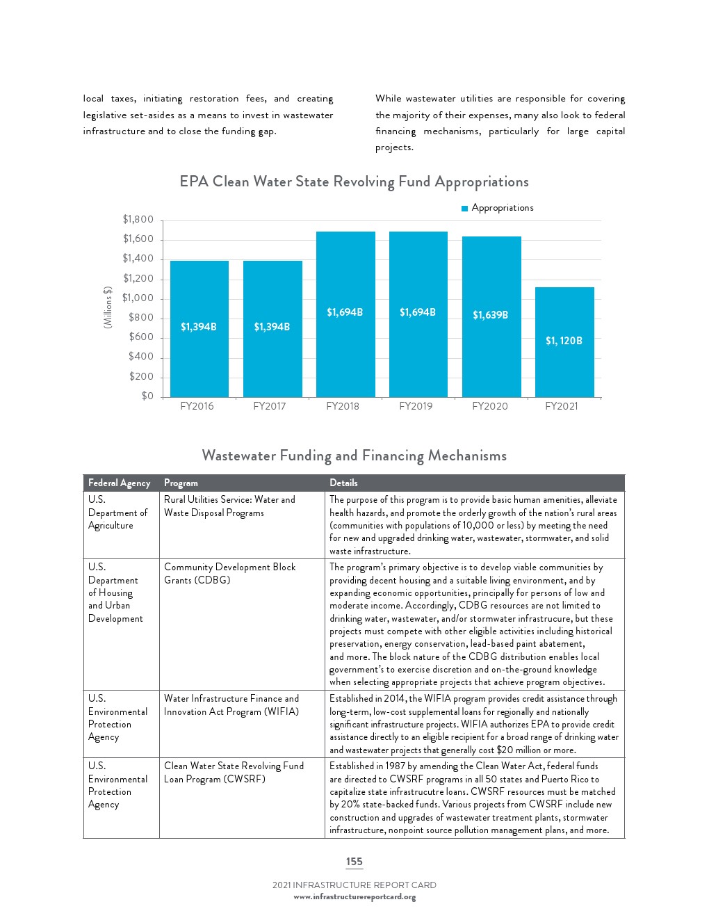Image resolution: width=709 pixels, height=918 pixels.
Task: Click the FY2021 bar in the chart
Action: [564, 369]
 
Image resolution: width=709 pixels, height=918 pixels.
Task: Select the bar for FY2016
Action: [199, 362]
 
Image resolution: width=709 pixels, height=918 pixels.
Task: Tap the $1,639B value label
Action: [491, 315]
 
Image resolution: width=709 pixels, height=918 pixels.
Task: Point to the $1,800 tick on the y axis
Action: [138, 220]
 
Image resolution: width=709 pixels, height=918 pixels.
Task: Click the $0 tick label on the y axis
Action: [147, 396]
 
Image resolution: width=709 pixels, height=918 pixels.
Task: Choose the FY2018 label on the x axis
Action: [343, 406]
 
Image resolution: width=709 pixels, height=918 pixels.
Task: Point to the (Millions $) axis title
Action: [108, 308]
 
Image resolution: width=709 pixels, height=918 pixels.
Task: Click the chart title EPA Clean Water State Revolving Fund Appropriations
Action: [354, 182]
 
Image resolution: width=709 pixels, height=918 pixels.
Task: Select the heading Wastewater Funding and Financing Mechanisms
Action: [354, 456]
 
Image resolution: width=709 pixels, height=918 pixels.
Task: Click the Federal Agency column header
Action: [120, 483]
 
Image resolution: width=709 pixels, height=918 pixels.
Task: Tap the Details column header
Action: [343, 483]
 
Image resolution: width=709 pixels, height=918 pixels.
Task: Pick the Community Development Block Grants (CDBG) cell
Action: [230, 574]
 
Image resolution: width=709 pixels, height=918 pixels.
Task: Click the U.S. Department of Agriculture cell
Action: [117, 513]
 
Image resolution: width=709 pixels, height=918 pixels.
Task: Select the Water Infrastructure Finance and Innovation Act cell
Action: [231, 705]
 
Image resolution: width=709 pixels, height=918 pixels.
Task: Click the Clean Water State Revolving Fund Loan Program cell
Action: [234, 773]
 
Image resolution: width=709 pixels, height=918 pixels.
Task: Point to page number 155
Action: [354, 862]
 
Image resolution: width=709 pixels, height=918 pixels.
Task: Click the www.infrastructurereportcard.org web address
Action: [354, 897]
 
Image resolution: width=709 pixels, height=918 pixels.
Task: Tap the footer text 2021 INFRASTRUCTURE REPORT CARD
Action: [354, 885]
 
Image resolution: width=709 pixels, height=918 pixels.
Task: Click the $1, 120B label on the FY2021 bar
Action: [564, 341]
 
